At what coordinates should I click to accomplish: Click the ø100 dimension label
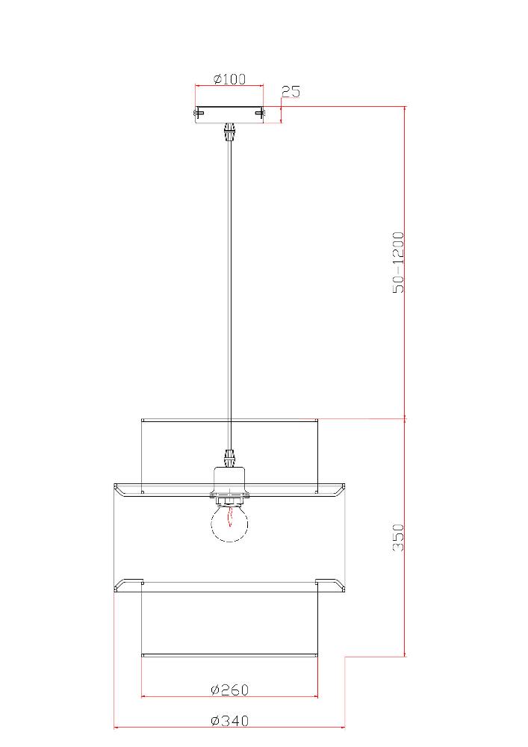(229, 78)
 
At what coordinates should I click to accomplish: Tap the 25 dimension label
(291, 91)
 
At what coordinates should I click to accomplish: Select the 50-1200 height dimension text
(399, 262)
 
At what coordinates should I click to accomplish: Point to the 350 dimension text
(399, 537)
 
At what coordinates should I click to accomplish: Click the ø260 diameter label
(229, 689)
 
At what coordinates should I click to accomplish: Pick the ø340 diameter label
(229, 720)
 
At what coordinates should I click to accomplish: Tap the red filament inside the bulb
(230, 516)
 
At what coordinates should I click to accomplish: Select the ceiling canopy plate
(229, 114)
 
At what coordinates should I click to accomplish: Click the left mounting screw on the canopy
(199, 113)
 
